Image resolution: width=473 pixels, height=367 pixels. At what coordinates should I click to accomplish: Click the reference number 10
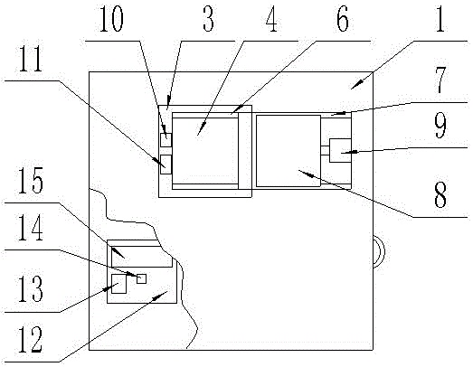111,19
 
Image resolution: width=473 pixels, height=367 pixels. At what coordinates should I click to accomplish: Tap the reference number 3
208,19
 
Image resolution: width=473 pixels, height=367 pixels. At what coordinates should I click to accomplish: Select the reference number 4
272,19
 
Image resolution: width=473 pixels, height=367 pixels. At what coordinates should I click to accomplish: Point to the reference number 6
343,19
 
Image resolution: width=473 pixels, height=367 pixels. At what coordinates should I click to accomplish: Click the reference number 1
440,19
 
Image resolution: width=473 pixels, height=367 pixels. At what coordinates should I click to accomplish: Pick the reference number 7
440,80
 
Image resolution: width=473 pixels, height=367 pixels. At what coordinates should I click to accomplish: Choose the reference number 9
440,125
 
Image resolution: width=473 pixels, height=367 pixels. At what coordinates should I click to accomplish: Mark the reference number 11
31,59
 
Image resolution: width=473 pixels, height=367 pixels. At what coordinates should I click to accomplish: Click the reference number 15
31,180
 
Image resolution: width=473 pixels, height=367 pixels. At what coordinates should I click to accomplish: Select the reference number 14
31,228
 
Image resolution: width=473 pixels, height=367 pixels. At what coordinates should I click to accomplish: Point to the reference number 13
31,288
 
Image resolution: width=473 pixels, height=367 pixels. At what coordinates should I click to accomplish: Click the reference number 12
31,340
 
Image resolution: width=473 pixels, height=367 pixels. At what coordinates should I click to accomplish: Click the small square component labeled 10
166,140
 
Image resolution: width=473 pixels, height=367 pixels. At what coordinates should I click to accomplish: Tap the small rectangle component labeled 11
166,165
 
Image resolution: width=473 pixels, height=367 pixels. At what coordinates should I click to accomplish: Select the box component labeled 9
340,150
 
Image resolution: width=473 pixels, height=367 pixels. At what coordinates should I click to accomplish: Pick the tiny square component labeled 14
141,278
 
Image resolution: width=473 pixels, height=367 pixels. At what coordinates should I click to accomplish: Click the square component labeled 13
118,284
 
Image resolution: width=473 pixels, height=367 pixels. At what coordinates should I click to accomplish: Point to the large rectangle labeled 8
289,151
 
